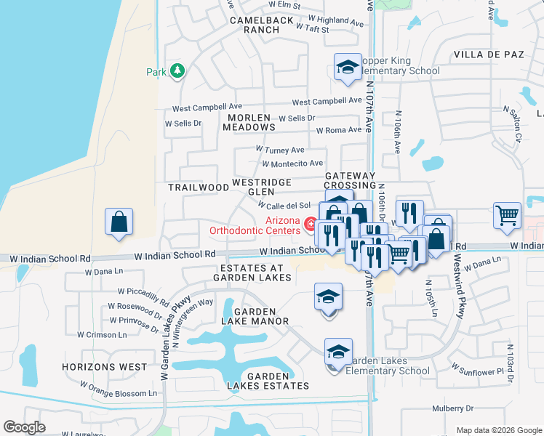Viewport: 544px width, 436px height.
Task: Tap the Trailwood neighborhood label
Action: (199, 187)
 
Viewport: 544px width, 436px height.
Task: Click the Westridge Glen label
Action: (262, 187)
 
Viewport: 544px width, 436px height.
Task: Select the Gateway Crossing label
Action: (350, 182)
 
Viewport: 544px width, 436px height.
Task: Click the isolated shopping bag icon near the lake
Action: (119, 222)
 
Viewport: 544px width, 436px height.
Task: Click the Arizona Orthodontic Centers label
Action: (255, 225)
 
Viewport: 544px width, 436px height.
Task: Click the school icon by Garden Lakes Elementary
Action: (338, 352)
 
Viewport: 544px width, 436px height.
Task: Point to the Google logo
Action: (25, 427)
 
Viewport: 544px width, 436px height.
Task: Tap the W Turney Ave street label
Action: (280, 150)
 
